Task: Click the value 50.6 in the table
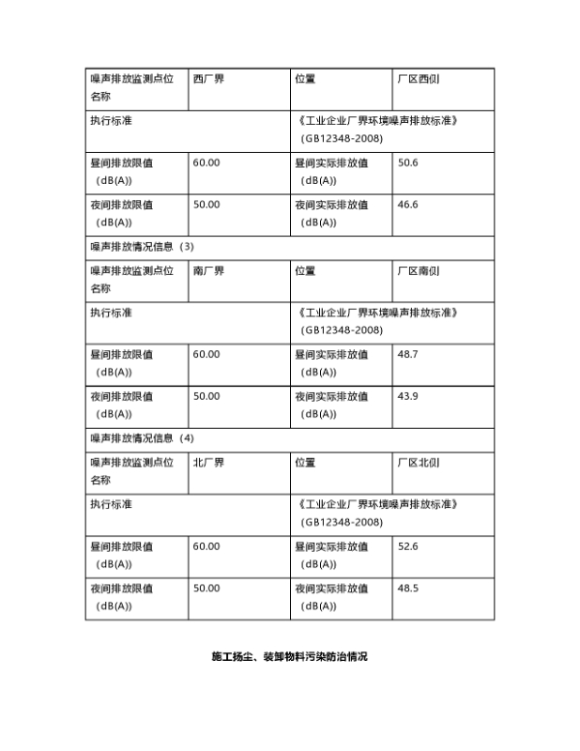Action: click(408, 163)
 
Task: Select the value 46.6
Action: click(408, 205)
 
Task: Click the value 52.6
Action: click(408, 546)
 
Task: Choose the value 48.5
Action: click(408, 589)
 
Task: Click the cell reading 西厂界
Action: click(208, 79)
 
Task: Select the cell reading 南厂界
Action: click(208, 271)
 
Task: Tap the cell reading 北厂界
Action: click(208, 463)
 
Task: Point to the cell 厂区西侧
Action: click(419, 79)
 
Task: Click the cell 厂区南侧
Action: click(419, 271)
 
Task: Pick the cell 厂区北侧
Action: click(419, 463)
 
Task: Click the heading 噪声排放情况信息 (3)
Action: click(142, 247)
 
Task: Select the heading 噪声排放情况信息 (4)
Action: click(142, 438)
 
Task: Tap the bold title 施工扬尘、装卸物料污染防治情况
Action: click(289, 657)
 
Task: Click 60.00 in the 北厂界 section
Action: click(206, 546)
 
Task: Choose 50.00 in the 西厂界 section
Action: click(206, 205)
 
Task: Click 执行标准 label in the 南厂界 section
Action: click(111, 313)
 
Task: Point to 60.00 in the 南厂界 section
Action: click(206, 355)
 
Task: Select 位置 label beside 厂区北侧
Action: click(305, 463)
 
